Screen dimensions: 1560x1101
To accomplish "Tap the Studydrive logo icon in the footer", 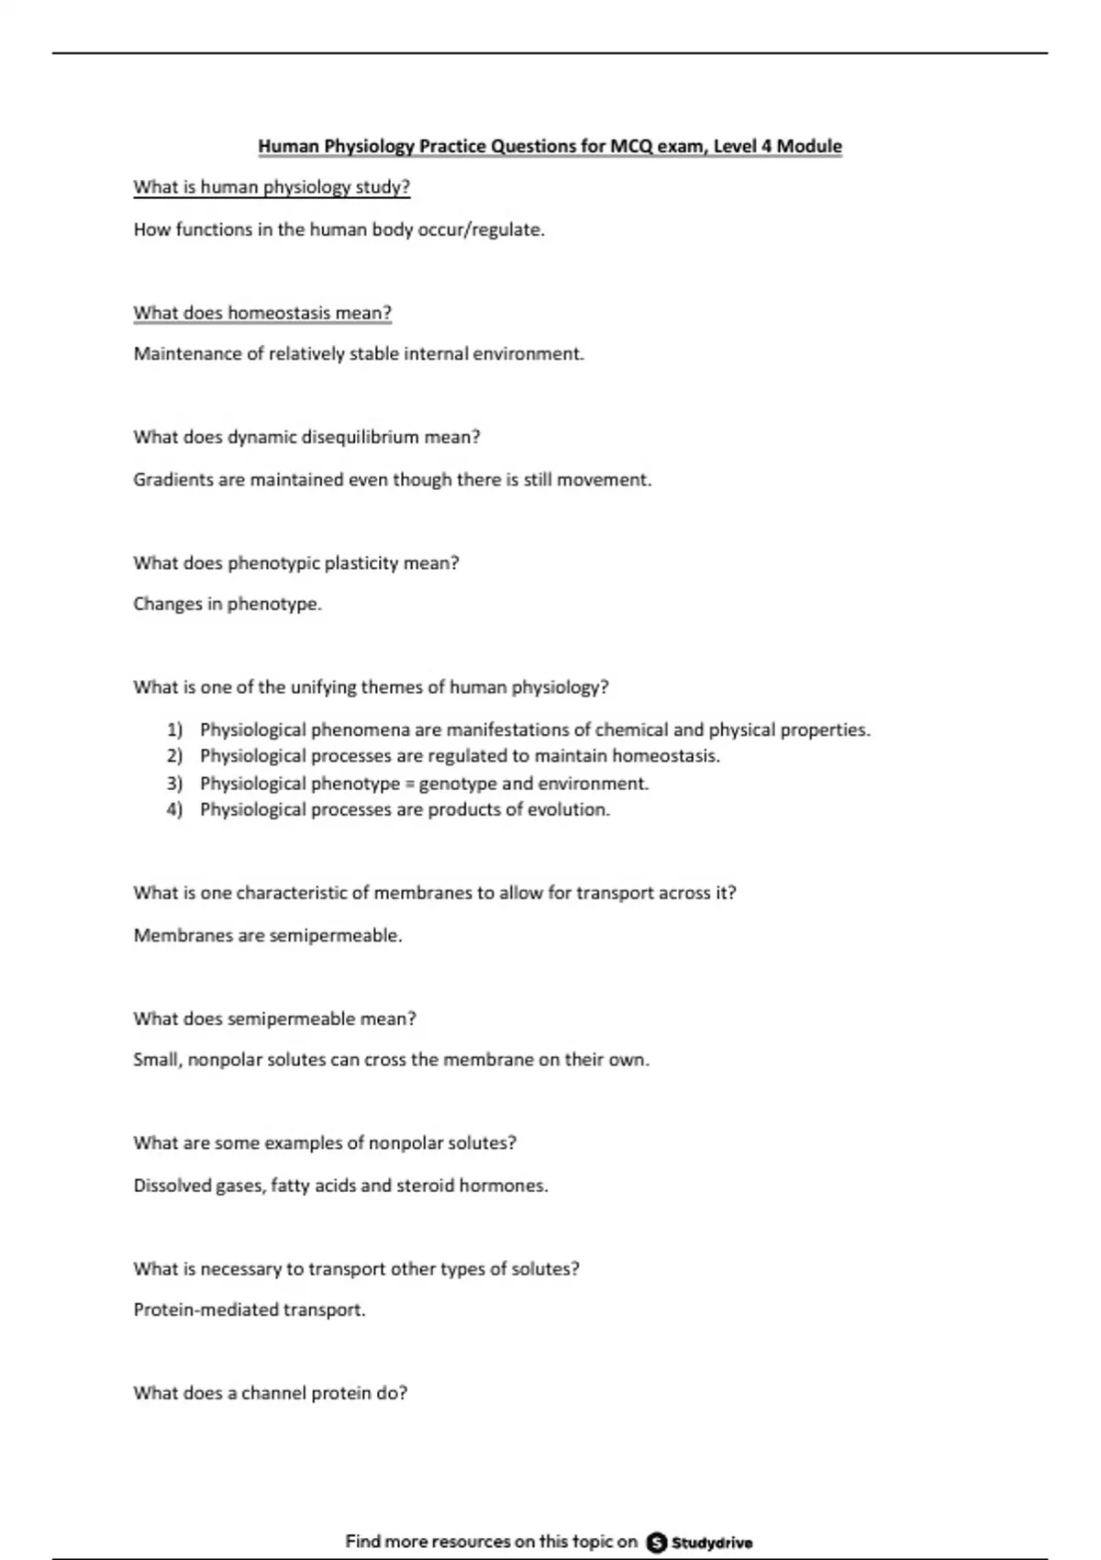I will (657, 1543).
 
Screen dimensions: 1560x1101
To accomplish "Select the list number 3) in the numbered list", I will (174, 784).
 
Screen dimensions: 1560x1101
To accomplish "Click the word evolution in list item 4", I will (568, 809).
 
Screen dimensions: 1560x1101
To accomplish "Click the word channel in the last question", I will (273, 1393).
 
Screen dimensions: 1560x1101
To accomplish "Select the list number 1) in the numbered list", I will (174, 730).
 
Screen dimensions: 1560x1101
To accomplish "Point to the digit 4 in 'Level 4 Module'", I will (767, 147).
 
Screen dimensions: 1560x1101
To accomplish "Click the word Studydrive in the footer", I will (712, 1543).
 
